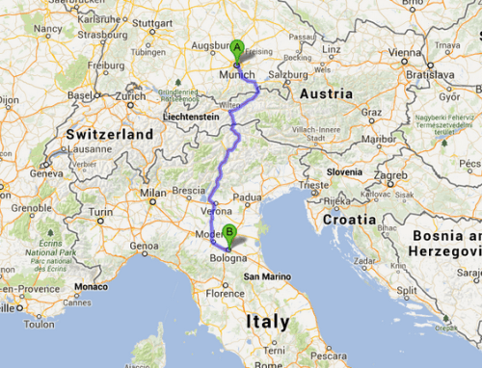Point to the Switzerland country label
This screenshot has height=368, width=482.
(x=109, y=132)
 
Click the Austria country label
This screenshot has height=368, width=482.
(x=328, y=93)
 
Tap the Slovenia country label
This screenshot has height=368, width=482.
(x=343, y=171)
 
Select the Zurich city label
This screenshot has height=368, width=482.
(x=131, y=96)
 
